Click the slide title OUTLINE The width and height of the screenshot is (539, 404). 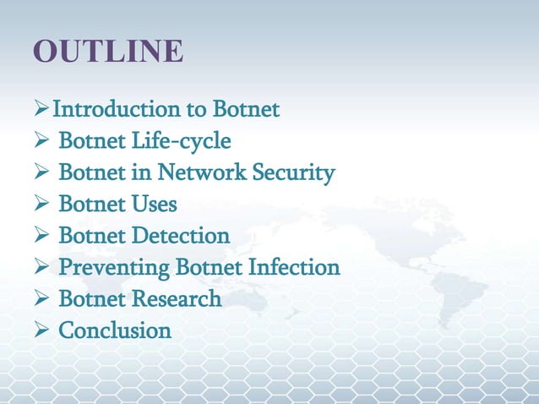click(108, 51)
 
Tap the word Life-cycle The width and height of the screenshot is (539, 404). click(190, 141)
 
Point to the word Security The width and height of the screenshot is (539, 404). click(291, 173)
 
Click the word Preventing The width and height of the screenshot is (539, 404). click(114, 268)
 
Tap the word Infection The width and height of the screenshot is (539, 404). click(293, 268)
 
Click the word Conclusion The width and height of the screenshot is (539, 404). click(114, 330)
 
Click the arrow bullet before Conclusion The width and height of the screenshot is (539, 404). click(41, 330)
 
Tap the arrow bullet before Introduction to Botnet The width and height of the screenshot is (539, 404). click(41, 110)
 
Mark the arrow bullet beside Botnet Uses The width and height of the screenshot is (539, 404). click(41, 205)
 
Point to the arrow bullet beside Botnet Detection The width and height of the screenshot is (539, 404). click(41, 236)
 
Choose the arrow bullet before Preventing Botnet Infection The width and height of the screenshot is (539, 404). click(41, 268)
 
